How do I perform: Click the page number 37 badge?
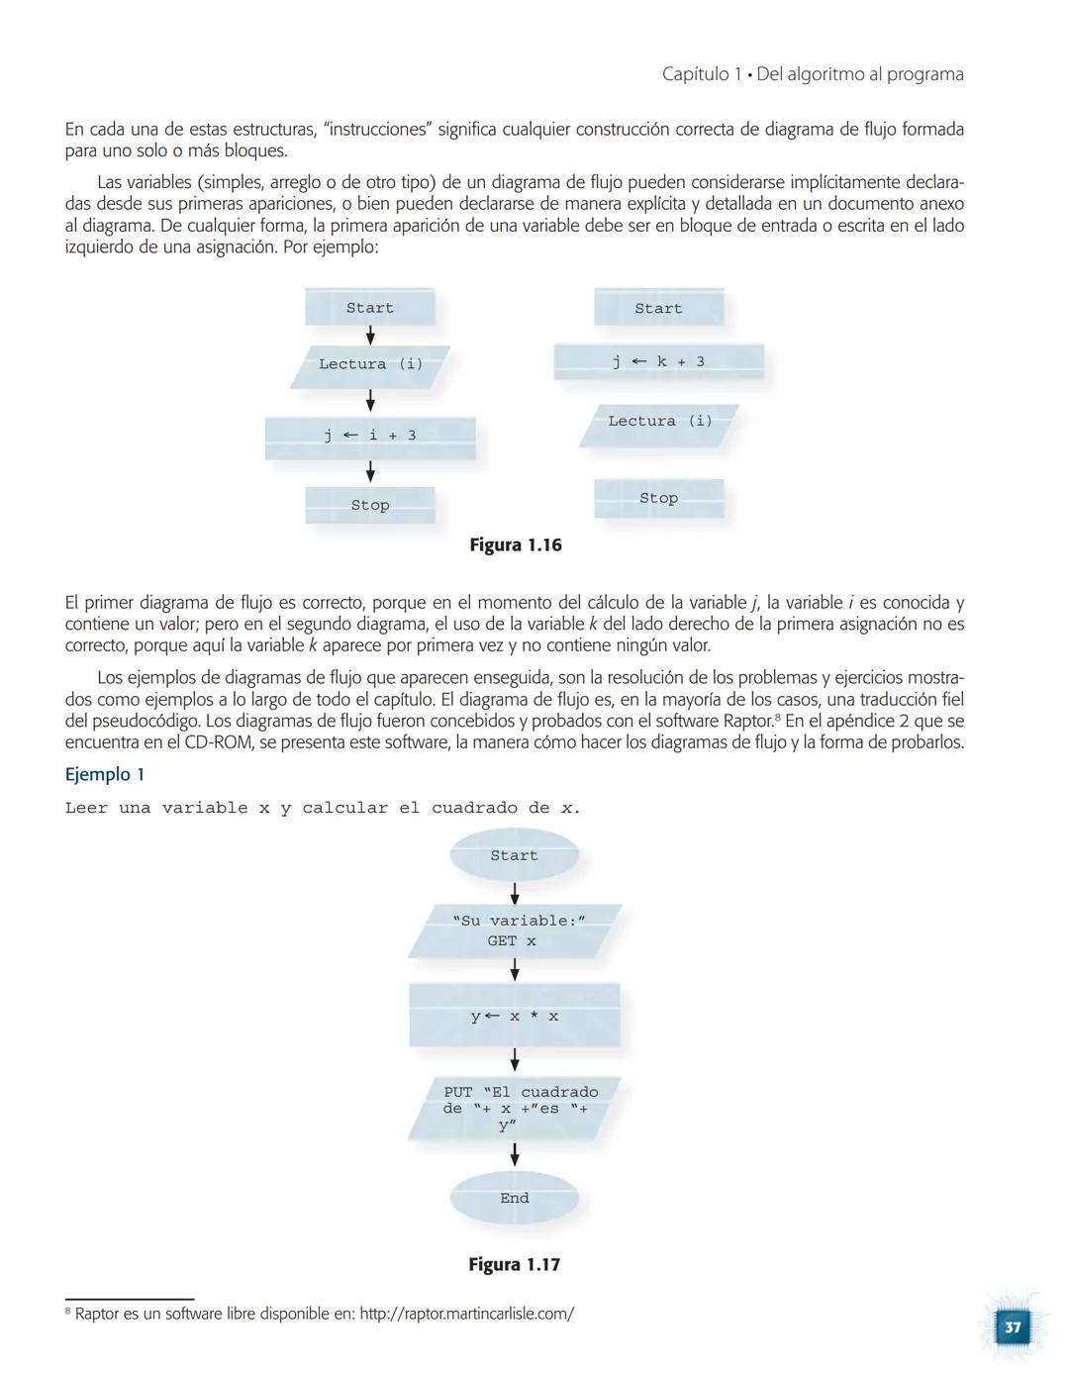tap(1012, 1326)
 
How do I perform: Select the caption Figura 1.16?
tap(515, 545)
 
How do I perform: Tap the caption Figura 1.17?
tap(514, 1264)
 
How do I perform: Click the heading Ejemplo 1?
tap(105, 774)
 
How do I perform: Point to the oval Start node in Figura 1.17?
tap(514, 855)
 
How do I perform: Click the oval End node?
tap(514, 1198)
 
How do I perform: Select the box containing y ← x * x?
tap(514, 1016)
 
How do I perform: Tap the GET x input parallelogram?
tap(514, 931)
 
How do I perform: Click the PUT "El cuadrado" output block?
tap(515, 1109)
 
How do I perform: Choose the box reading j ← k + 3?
tap(658, 362)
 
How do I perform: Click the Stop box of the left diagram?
tap(370, 505)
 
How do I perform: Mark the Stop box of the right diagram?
tap(658, 498)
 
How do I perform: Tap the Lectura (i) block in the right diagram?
tap(659, 423)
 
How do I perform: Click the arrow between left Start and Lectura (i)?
tap(370, 336)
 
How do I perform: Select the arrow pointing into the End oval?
tap(514, 1154)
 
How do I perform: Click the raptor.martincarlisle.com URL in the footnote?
tap(466, 1314)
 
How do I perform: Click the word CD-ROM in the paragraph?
tap(217, 742)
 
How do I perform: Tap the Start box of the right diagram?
tap(658, 308)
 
